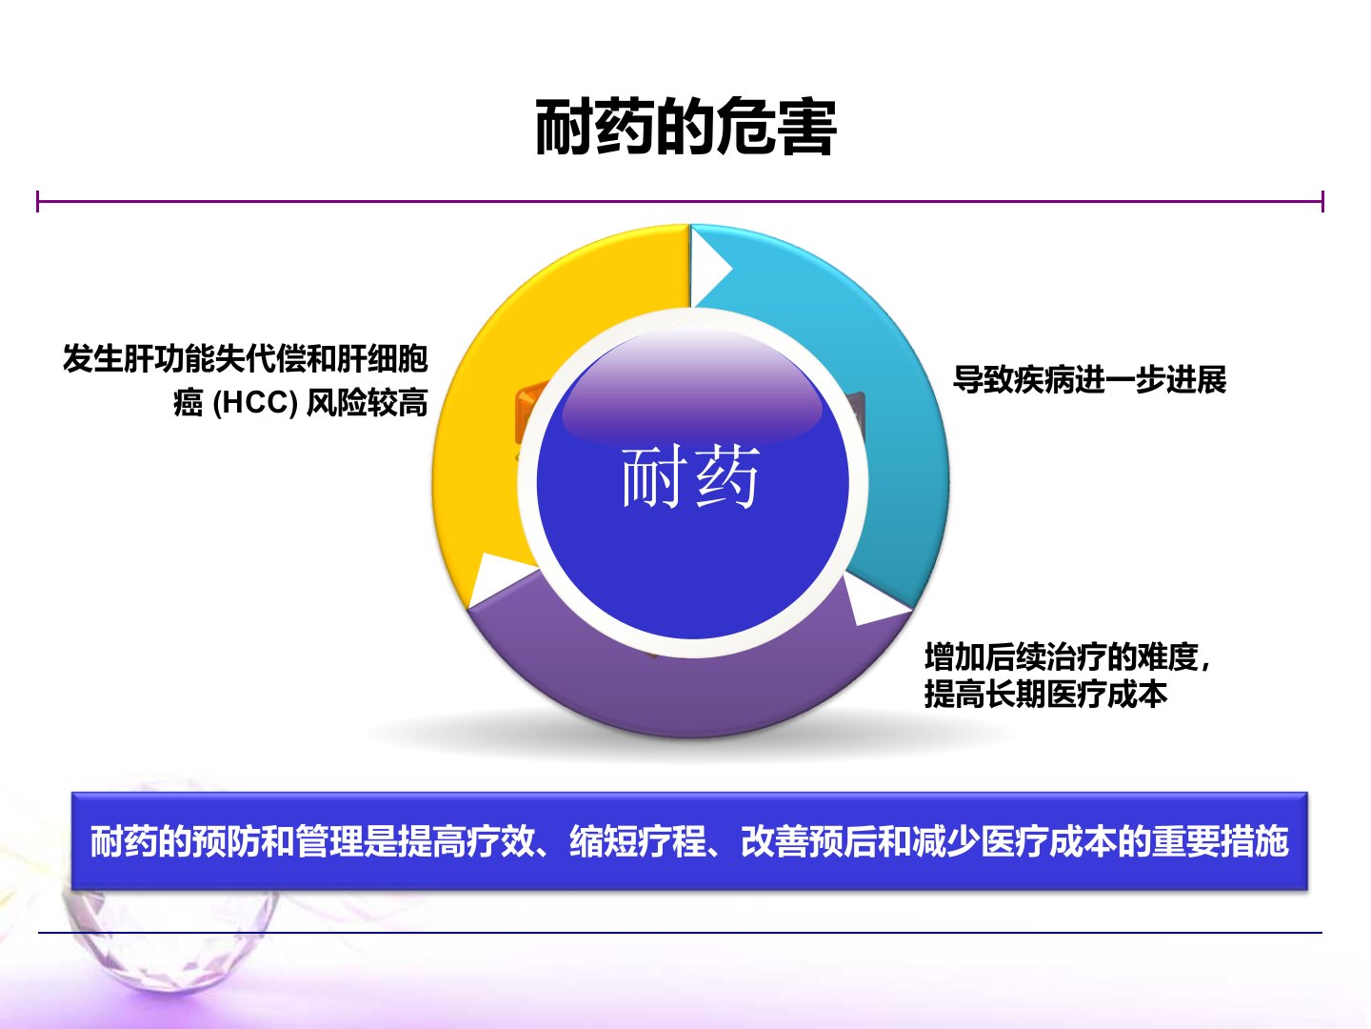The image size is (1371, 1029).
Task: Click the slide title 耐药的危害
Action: click(x=685, y=127)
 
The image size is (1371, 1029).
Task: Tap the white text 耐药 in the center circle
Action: click(x=690, y=476)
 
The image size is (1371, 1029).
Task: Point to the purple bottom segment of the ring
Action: click(x=690, y=694)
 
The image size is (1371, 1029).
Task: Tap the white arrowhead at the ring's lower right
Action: click(x=874, y=603)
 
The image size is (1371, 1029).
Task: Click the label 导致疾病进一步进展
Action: click(x=1089, y=380)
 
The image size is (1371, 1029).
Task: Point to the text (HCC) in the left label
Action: click(x=255, y=403)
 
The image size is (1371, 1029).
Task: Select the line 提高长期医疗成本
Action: click(x=1045, y=695)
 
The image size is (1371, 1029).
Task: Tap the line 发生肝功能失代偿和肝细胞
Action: click(x=245, y=358)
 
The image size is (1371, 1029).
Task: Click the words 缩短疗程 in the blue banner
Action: click(x=637, y=841)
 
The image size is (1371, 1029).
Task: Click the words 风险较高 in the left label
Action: click(x=368, y=403)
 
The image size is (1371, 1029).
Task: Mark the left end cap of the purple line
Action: click(x=38, y=201)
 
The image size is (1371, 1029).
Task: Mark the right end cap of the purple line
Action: click(x=1322, y=201)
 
